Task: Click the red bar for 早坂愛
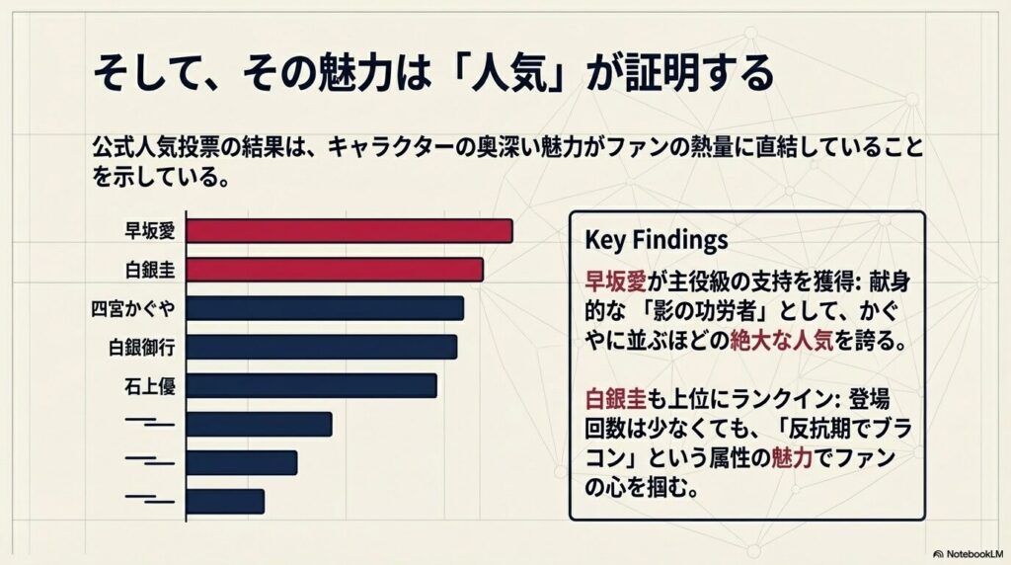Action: click(350, 231)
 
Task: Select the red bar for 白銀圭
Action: click(335, 270)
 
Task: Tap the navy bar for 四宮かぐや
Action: click(325, 308)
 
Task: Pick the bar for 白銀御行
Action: click(322, 347)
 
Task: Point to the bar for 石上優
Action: click(311, 385)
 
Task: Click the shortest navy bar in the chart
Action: click(225, 501)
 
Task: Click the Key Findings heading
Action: click(656, 240)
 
